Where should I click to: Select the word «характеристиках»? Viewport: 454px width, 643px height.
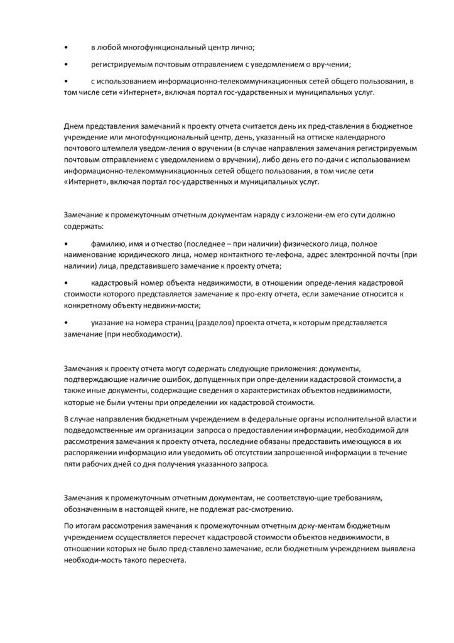tap(285, 391)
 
